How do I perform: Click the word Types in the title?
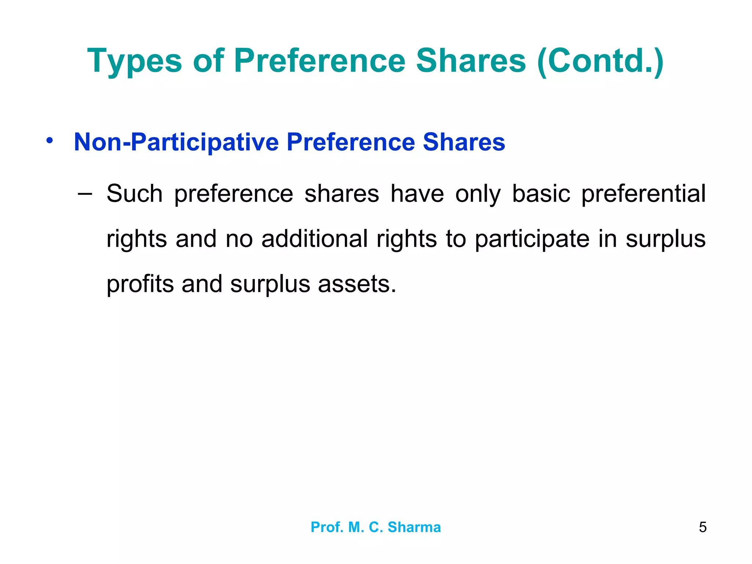pos(134,61)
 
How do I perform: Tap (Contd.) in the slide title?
pos(600,61)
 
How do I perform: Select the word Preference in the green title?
pos(319,61)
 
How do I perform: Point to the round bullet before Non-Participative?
pos(50,141)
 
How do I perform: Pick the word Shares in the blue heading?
pos(464,142)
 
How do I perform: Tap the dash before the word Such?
pos(85,193)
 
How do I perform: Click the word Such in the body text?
pos(134,194)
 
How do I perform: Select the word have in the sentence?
pos(417,194)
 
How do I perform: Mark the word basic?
pos(541,194)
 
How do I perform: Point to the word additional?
pos(314,239)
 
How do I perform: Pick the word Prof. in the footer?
pos(326,527)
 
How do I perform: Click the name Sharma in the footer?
pos(414,527)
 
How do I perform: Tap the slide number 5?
pos(702,527)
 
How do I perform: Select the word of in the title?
pos(208,61)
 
